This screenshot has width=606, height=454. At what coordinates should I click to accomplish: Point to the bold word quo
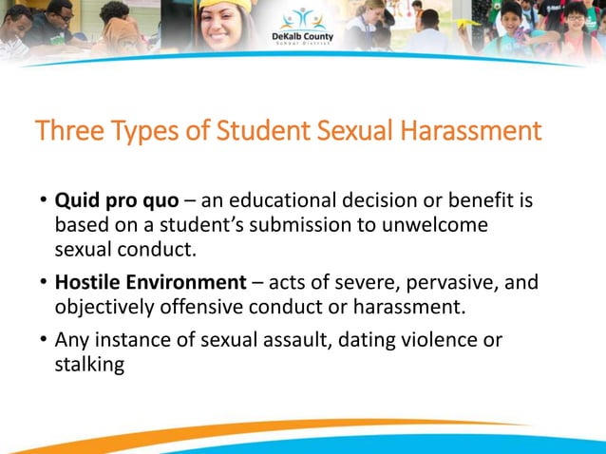(158, 201)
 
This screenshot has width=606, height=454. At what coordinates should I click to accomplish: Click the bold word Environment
(189, 282)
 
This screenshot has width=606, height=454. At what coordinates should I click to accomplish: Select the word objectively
(102, 306)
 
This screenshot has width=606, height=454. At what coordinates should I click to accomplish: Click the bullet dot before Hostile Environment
(43, 282)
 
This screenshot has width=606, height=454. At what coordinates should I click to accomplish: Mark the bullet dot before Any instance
(43, 339)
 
